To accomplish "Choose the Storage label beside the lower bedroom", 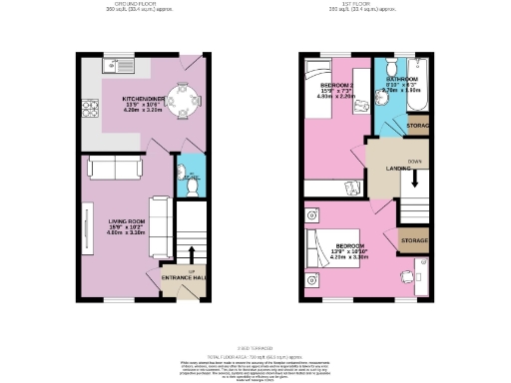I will click(x=414, y=241).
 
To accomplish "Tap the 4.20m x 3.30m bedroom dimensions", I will click(x=350, y=256).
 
